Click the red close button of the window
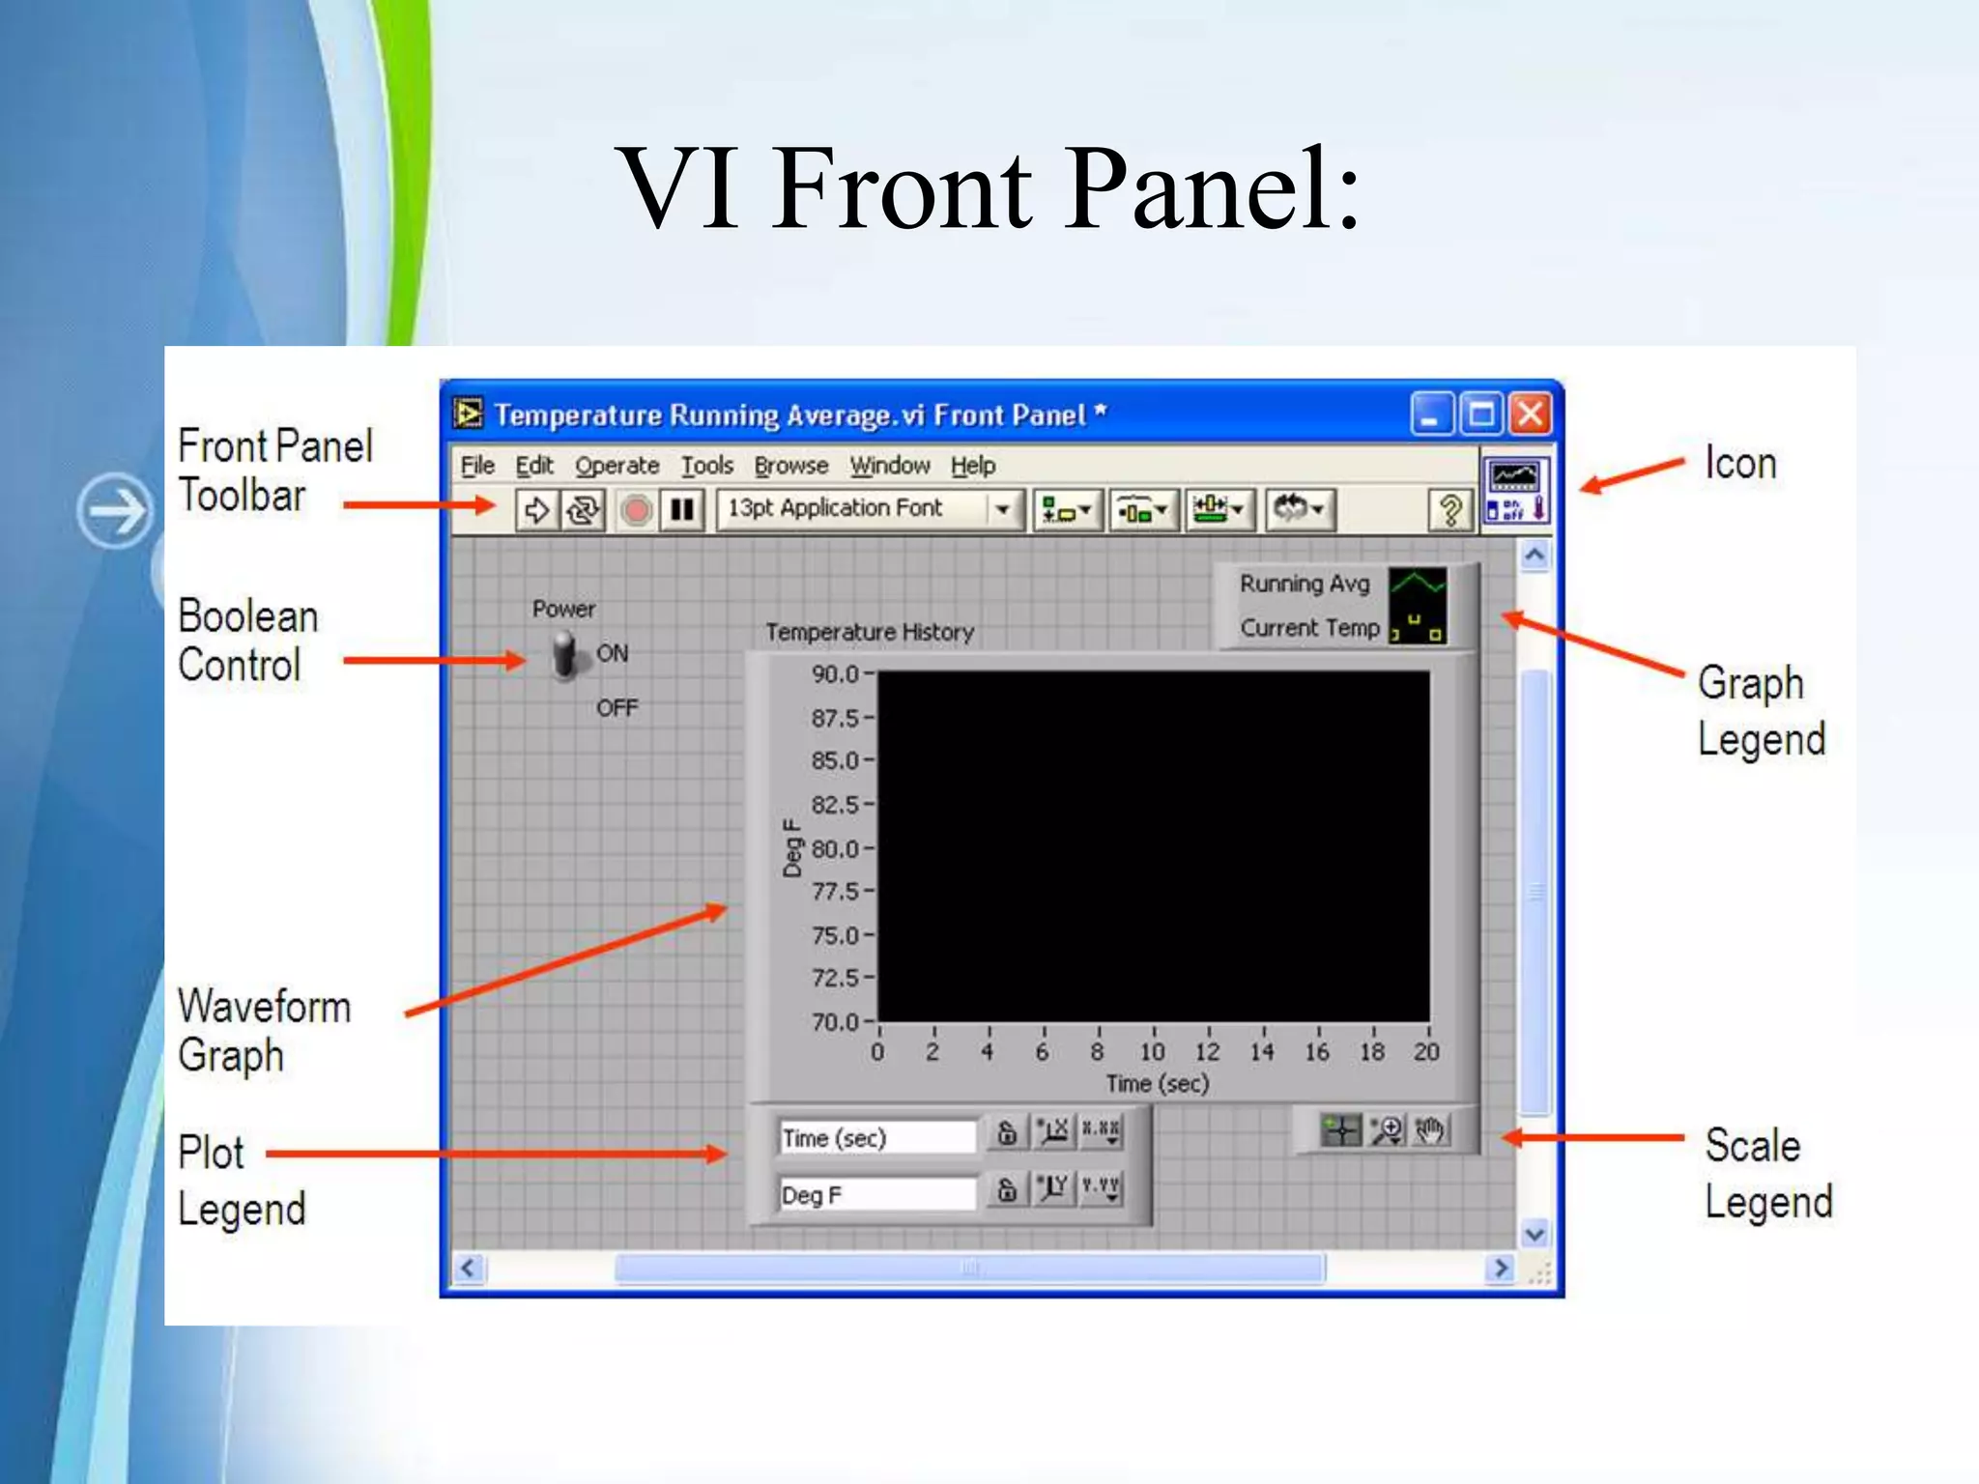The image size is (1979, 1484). click(1531, 414)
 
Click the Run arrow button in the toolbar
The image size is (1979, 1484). click(536, 509)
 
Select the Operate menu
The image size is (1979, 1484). click(617, 466)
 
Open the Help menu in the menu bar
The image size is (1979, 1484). click(972, 466)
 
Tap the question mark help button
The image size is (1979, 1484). click(1448, 509)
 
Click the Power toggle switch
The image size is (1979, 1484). click(565, 655)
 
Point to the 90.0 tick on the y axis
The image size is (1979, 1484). click(836, 673)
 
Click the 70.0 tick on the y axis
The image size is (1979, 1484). click(836, 1021)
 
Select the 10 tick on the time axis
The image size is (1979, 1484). click(1152, 1051)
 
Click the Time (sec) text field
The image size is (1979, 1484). click(875, 1137)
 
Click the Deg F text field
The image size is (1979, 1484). click(875, 1194)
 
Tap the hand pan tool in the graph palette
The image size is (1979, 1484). click(1430, 1129)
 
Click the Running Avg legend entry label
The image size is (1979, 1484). click(1305, 584)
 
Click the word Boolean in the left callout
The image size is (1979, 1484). click(248, 616)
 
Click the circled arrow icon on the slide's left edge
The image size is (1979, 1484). click(114, 510)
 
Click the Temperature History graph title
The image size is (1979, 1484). click(870, 632)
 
